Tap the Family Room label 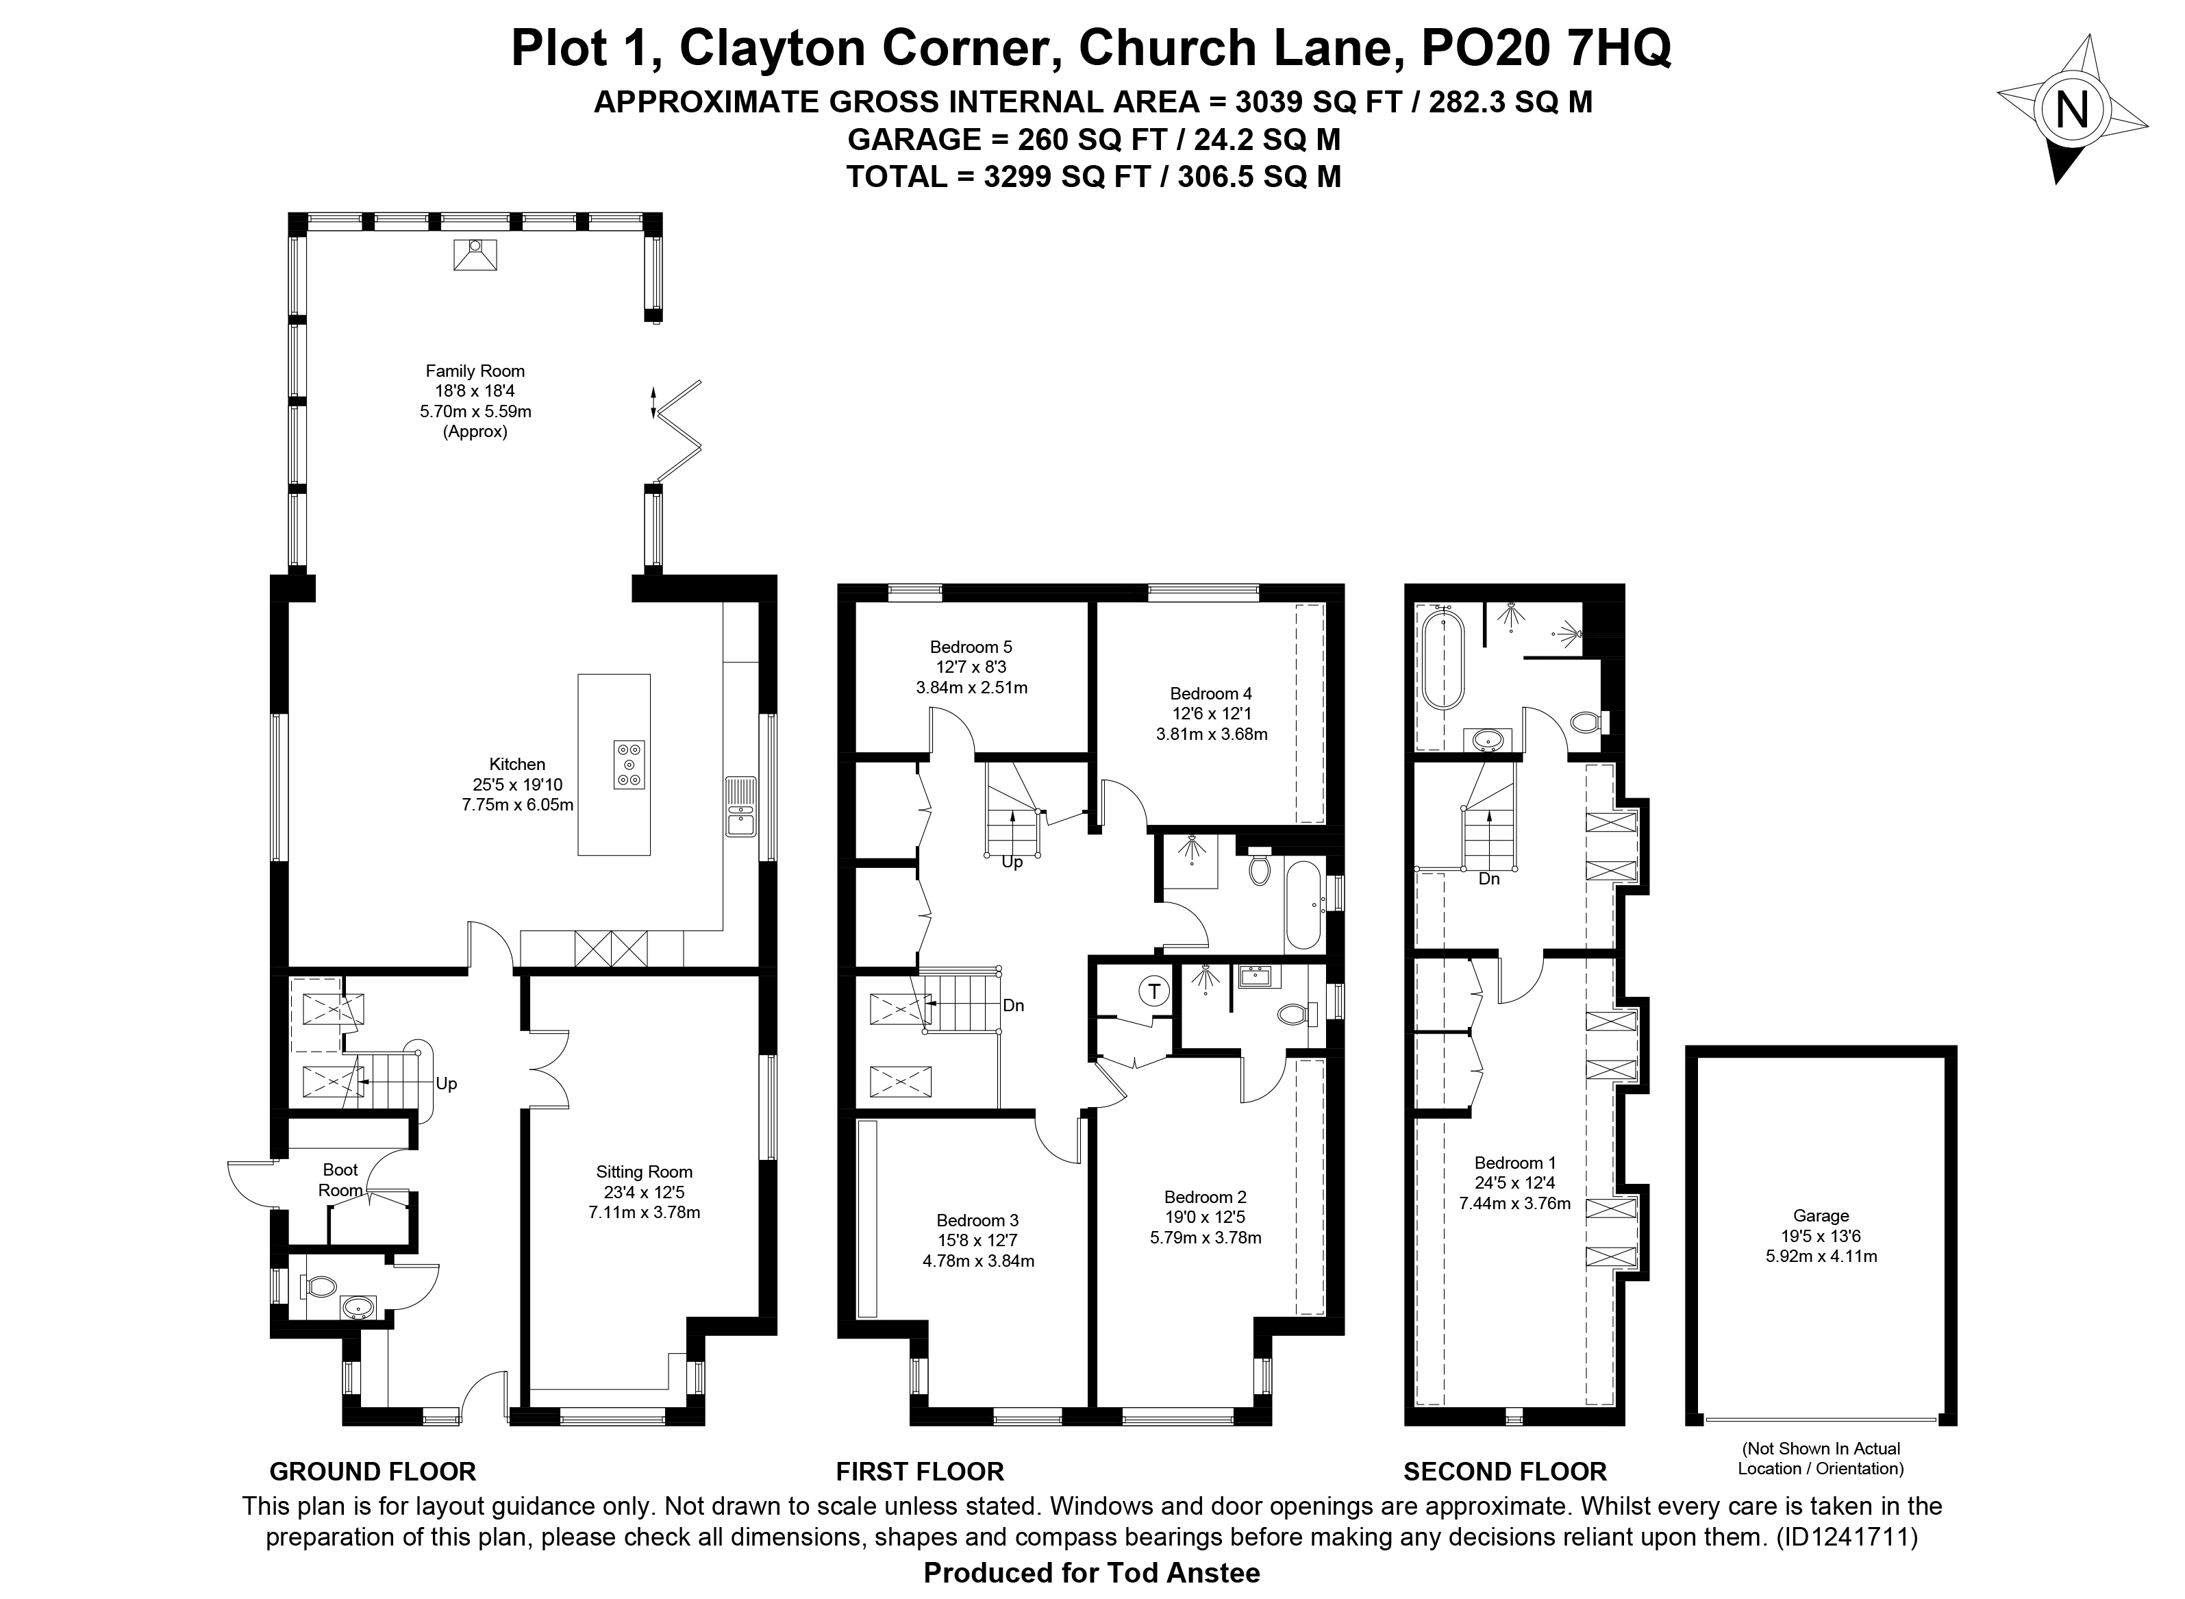pyautogui.click(x=475, y=371)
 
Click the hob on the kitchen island pyautogui.click(x=629, y=765)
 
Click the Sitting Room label pyautogui.click(x=645, y=1172)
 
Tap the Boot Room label pyautogui.click(x=340, y=1180)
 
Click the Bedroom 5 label pyautogui.click(x=971, y=647)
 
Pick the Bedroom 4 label pyautogui.click(x=1212, y=694)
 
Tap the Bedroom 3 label pyautogui.click(x=977, y=1222)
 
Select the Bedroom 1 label pyautogui.click(x=1514, y=1163)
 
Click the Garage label pyautogui.click(x=1821, y=1216)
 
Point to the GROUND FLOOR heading pyautogui.click(x=373, y=1472)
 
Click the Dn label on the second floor pyautogui.click(x=1489, y=879)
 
